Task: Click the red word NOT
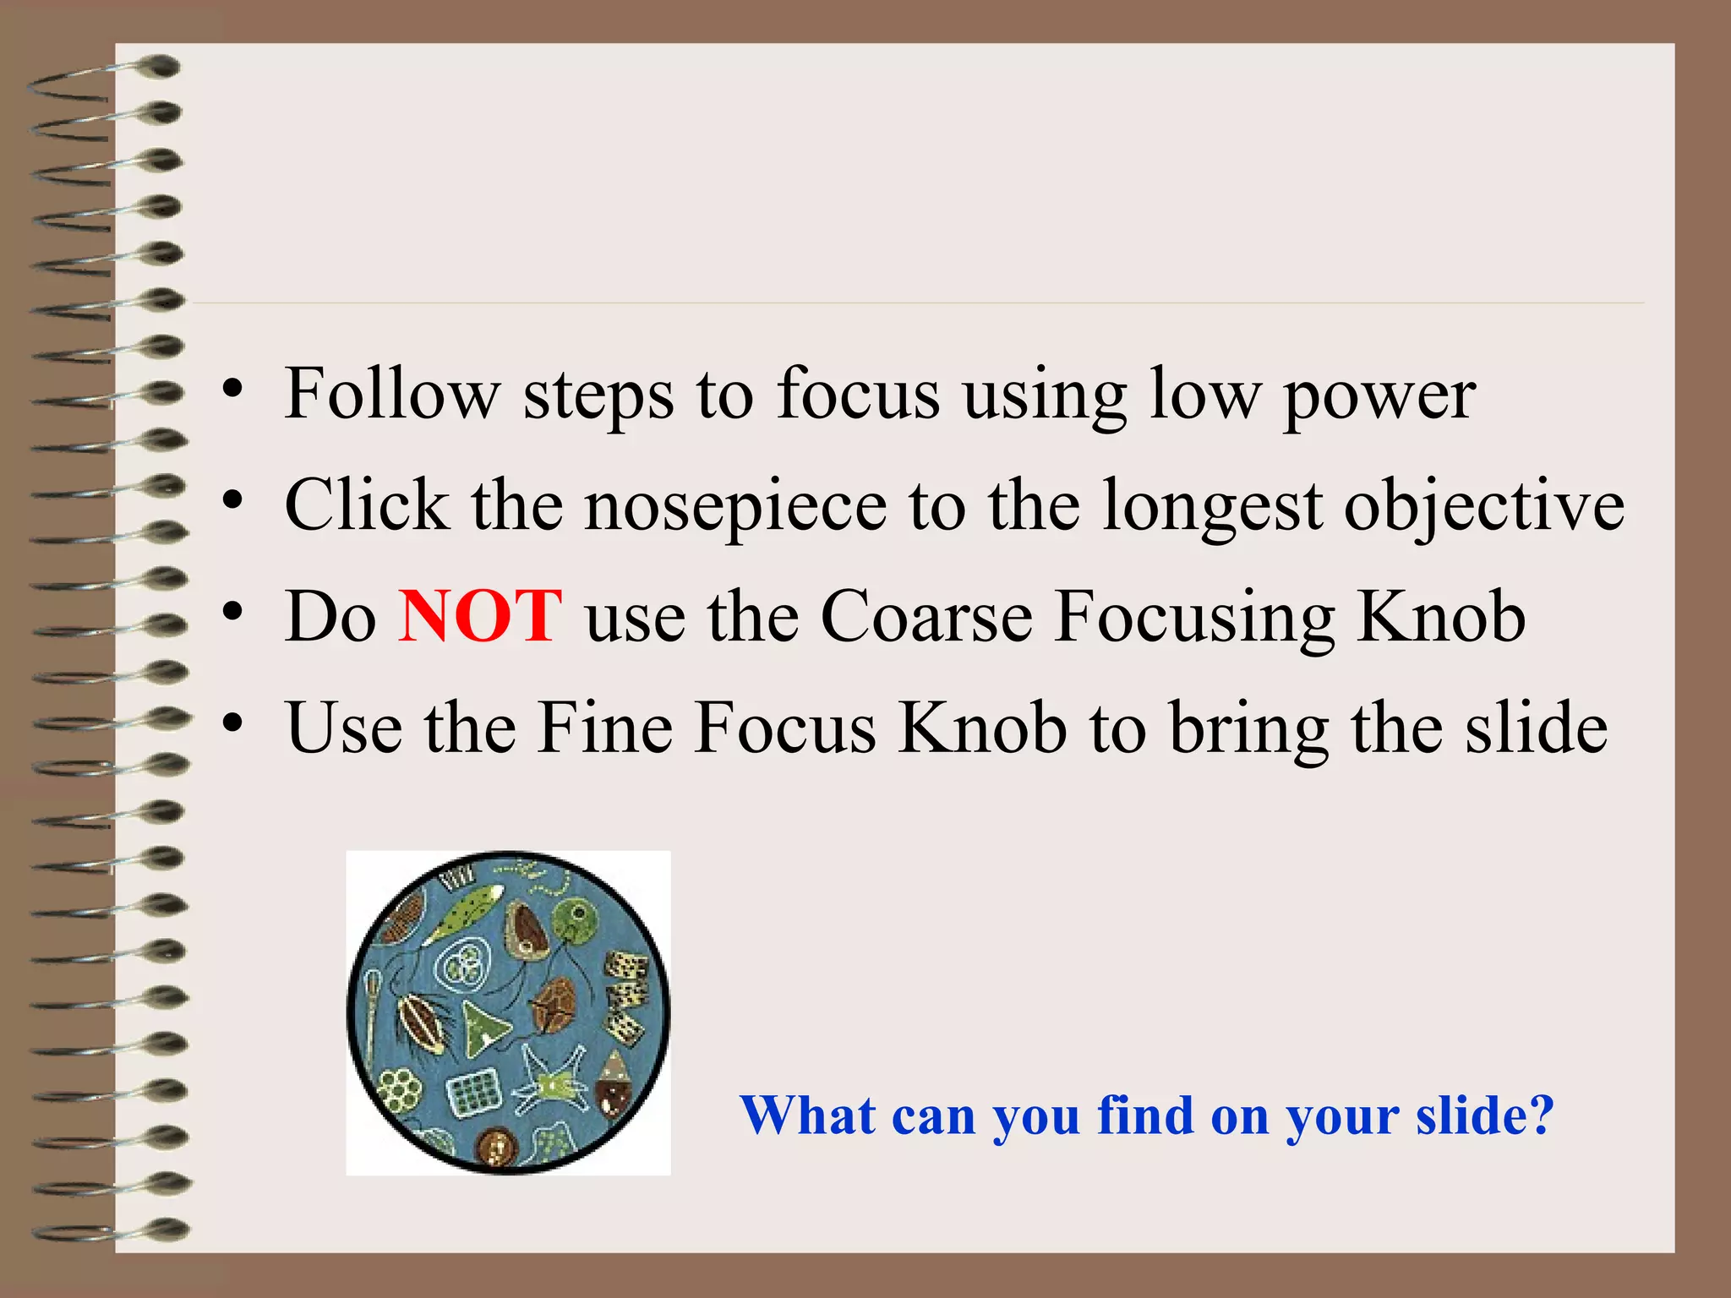pos(479,616)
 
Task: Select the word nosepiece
pos(735,505)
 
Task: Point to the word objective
pos(1483,505)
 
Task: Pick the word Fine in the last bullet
pos(605,728)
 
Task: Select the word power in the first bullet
pos(1379,395)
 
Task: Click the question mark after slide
pos(1542,1115)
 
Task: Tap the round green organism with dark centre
pos(577,916)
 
